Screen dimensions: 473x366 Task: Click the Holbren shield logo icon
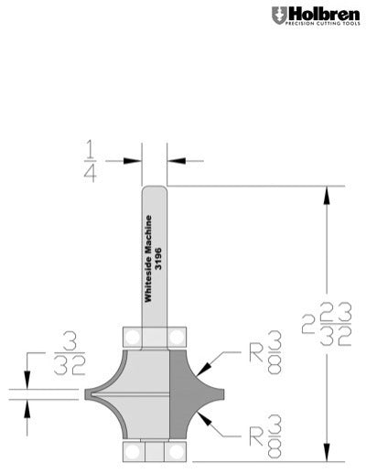click(277, 15)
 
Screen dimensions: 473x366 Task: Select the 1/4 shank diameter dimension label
click(91, 160)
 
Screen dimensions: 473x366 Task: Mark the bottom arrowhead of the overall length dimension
click(325, 455)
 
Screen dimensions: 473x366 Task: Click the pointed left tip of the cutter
click(87, 393)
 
